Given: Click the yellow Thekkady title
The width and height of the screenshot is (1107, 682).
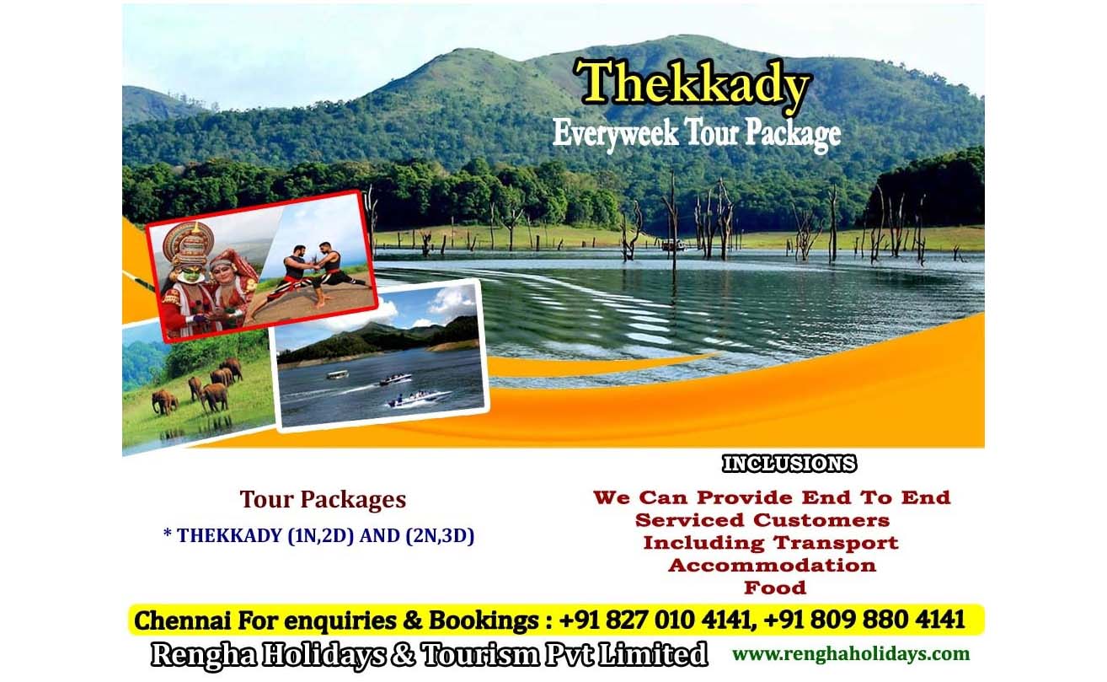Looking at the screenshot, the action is tap(693, 84).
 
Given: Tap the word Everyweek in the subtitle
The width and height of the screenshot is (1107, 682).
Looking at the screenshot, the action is tap(615, 134).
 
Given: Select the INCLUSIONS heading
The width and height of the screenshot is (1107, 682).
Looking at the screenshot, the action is tap(789, 464).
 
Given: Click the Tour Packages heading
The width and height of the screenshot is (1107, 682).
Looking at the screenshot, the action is tap(323, 500).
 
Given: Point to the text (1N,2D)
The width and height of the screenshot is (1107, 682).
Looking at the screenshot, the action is tap(320, 536).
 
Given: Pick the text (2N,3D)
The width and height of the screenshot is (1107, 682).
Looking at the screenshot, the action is tap(440, 536).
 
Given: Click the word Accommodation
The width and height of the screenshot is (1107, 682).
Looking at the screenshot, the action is tap(772, 566).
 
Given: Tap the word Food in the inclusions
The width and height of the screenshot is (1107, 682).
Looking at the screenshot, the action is tap(775, 588).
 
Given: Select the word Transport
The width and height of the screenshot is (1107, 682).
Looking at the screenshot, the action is tap(836, 543).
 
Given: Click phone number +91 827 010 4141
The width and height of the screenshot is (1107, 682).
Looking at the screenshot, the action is tap(655, 620).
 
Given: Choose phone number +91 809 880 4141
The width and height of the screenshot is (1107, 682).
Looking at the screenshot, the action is tap(864, 620).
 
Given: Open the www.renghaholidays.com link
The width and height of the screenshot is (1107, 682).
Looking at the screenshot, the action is tap(851, 654).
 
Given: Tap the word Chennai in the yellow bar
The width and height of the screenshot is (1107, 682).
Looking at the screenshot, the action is tap(182, 620).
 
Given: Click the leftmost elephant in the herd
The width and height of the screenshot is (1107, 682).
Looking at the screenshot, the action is tap(164, 401).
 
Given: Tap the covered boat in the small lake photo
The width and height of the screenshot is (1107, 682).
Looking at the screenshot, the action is tap(338, 375).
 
